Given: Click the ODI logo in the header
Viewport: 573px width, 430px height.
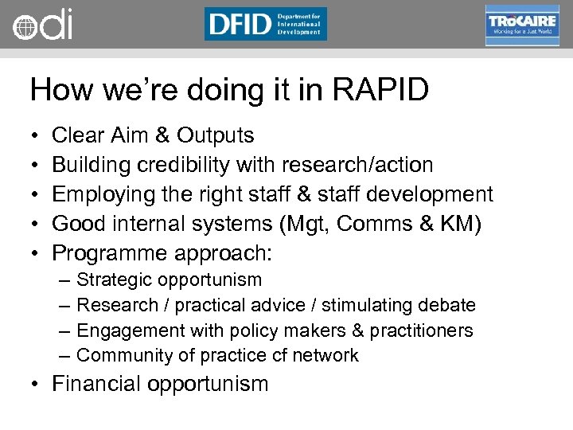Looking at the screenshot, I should coord(43,25).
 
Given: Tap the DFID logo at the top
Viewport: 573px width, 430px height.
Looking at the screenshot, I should coord(265,24).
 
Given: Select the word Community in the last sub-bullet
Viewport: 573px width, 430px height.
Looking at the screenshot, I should coord(119,356).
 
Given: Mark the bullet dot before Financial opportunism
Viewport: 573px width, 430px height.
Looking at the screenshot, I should coord(36,385).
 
